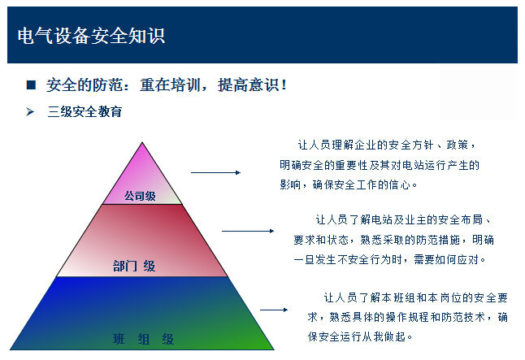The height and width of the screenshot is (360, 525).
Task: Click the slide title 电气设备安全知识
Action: tap(91, 36)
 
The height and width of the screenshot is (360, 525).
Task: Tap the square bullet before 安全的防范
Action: tap(31, 85)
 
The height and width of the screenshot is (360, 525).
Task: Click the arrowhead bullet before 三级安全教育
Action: tap(30, 111)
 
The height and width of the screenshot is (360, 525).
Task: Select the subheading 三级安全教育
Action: tap(85, 111)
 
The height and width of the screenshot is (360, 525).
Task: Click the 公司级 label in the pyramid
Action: tap(140, 196)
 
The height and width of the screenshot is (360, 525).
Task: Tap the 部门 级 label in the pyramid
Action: tap(134, 266)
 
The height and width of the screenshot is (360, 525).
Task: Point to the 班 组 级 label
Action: tap(143, 339)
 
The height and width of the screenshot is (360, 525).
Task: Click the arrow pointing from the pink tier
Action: tap(215, 172)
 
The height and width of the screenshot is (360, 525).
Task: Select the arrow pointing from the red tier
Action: tap(248, 231)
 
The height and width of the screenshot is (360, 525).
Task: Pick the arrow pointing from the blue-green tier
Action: tap(274, 310)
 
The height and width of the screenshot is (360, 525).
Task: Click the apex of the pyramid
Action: tap(142, 143)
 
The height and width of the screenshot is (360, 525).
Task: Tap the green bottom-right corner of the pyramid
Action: tap(273, 349)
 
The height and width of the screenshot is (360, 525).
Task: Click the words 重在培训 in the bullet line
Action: tap(171, 85)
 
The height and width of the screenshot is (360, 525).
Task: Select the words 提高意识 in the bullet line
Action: tap(249, 85)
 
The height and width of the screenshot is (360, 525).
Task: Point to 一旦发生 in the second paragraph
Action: tap(315, 259)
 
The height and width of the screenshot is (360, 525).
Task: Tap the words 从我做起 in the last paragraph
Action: tap(384, 336)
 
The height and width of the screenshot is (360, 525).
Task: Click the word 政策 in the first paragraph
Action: tap(457, 145)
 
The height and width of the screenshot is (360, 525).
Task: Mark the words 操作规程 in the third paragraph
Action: tap(407, 317)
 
